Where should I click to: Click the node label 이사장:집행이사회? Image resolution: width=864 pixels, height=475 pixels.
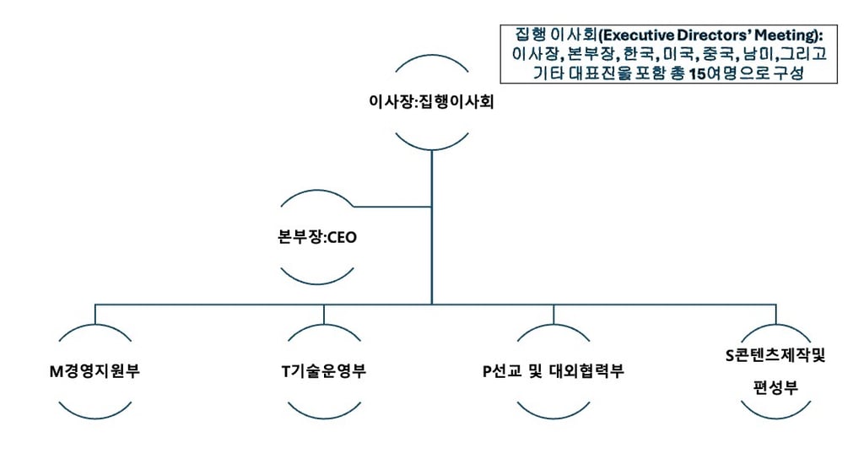(x=431, y=102)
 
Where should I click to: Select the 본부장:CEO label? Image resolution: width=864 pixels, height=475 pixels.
(x=318, y=238)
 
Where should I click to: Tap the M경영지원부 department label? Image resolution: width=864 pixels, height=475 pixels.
(x=94, y=371)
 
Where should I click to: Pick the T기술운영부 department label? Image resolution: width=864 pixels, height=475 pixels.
(x=324, y=371)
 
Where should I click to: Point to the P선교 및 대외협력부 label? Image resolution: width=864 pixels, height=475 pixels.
(x=553, y=371)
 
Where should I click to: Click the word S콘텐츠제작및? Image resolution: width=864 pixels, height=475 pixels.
(x=775, y=355)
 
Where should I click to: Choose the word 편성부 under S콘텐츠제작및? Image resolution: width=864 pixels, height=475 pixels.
(x=775, y=388)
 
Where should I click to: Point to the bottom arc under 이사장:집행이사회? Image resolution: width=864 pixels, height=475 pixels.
(x=431, y=146)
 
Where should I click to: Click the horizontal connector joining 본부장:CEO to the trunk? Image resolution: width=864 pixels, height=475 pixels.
(x=392, y=206)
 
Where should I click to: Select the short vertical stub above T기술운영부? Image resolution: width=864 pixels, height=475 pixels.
(x=324, y=314)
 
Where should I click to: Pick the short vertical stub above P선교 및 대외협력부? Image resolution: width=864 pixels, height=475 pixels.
(x=553, y=314)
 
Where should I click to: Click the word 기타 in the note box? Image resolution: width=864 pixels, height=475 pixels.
(x=548, y=73)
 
